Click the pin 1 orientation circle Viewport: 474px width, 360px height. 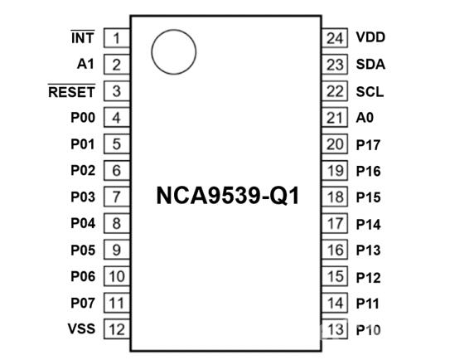(173, 31)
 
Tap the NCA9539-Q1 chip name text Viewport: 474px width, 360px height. (228, 196)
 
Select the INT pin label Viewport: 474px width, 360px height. (83, 37)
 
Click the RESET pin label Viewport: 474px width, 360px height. (71, 91)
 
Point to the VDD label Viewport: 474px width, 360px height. (370, 37)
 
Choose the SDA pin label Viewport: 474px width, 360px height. (370, 64)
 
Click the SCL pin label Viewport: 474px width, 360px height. (370, 91)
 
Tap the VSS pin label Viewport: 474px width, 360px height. (81, 328)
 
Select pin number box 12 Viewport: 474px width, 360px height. (117, 328)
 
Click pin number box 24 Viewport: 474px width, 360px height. (335, 37)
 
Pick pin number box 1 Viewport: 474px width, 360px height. (117, 37)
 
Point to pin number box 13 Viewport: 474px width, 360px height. (335, 328)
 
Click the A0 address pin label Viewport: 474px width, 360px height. (365, 118)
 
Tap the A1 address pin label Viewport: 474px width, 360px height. (85, 64)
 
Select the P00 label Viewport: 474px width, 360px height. (83, 118)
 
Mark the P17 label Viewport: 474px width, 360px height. (368, 145)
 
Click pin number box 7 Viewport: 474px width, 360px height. (117, 197)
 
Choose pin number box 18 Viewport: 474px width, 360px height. (335, 197)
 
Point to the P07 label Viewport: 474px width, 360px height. (83, 303)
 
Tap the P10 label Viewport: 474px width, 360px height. (368, 330)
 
